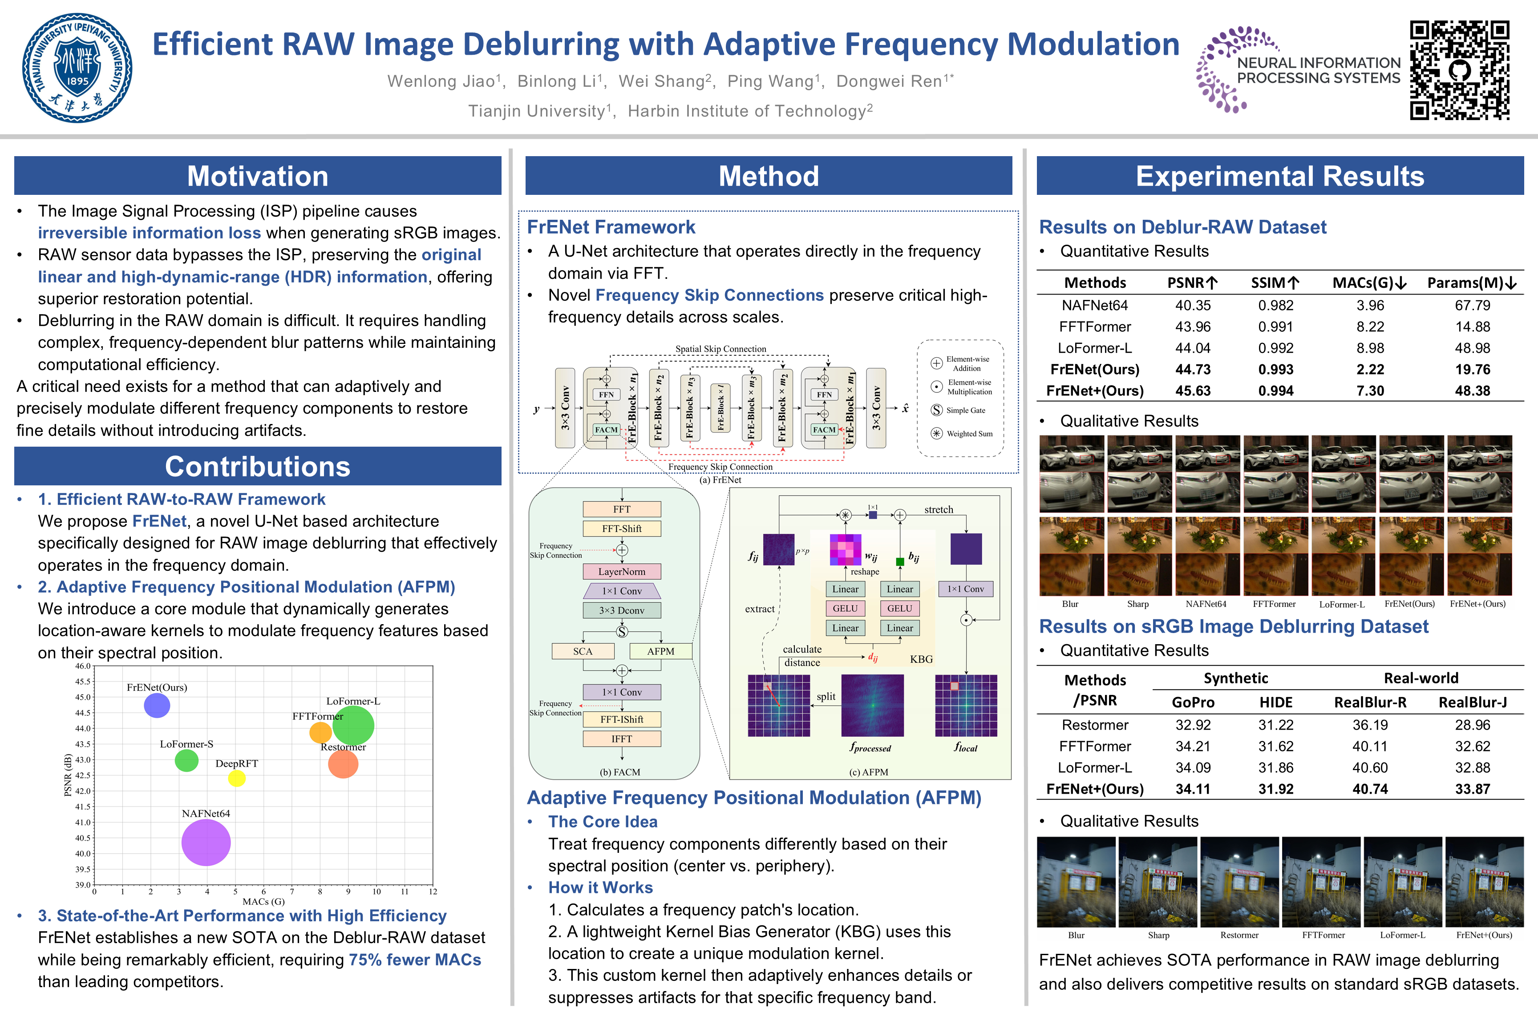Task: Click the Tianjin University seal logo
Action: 77,68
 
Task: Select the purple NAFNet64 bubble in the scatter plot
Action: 206,843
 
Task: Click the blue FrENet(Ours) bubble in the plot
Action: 157,705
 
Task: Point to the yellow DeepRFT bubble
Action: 237,778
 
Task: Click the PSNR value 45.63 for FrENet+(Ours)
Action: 1193,391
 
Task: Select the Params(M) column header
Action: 1471,283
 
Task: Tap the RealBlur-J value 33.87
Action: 1472,789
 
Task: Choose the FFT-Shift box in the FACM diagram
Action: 621,528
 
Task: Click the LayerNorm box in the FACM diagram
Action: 621,571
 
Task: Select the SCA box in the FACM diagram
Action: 583,651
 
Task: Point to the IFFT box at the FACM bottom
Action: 621,738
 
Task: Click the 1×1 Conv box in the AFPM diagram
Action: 965,589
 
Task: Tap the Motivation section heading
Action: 258,177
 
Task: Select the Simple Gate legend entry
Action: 965,411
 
